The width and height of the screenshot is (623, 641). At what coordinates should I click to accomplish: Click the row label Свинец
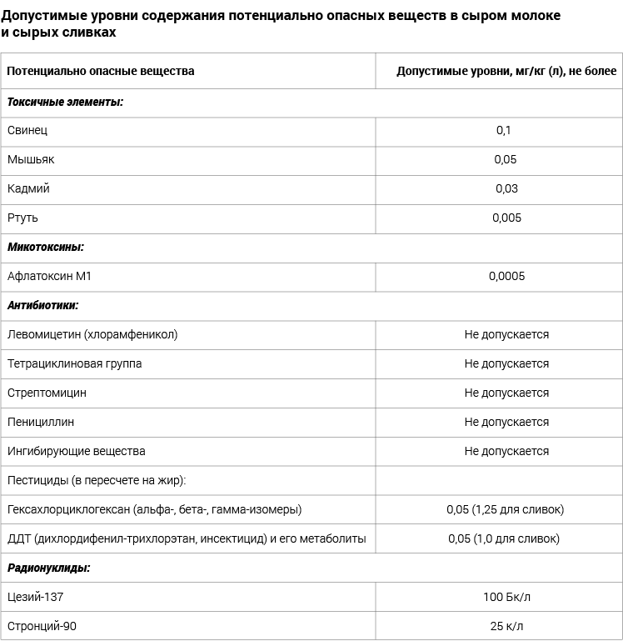[x=27, y=130]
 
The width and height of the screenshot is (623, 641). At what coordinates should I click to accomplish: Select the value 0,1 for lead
[x=503, y=130]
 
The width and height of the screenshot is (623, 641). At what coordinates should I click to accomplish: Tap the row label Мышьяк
[x=31, y=159]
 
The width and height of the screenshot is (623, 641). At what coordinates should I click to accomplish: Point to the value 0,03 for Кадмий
[x=506, y=188]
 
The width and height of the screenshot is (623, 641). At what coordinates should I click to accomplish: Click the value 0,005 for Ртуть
[x=506, y=218]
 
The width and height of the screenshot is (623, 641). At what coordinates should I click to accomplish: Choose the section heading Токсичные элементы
[x=65, y=102]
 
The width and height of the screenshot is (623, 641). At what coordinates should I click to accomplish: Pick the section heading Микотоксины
[x=46, y=247]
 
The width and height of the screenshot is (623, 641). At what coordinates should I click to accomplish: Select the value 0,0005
[x=506, y=276]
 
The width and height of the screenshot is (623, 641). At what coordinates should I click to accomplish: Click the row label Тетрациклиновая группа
[x=74, y=363]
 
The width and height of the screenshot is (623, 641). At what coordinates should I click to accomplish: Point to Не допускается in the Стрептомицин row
[x=506, y=393]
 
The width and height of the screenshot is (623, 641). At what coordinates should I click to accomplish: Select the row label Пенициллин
[x=41, y=422]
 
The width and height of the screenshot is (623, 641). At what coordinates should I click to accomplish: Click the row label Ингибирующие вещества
[x=76, y=451]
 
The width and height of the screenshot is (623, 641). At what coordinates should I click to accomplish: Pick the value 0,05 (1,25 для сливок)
[x=505, y=509]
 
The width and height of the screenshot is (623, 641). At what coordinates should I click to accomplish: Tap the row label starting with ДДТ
[x=187, y=538]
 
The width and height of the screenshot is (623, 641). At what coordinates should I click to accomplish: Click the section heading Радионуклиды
[x=48, y=568]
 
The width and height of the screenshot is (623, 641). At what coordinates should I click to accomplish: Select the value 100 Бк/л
[x=506, y=597]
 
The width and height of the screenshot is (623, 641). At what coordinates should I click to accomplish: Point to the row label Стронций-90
[x=42, y=626]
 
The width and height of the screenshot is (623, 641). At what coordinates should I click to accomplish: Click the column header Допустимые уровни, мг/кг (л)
[x=506, y=71]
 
